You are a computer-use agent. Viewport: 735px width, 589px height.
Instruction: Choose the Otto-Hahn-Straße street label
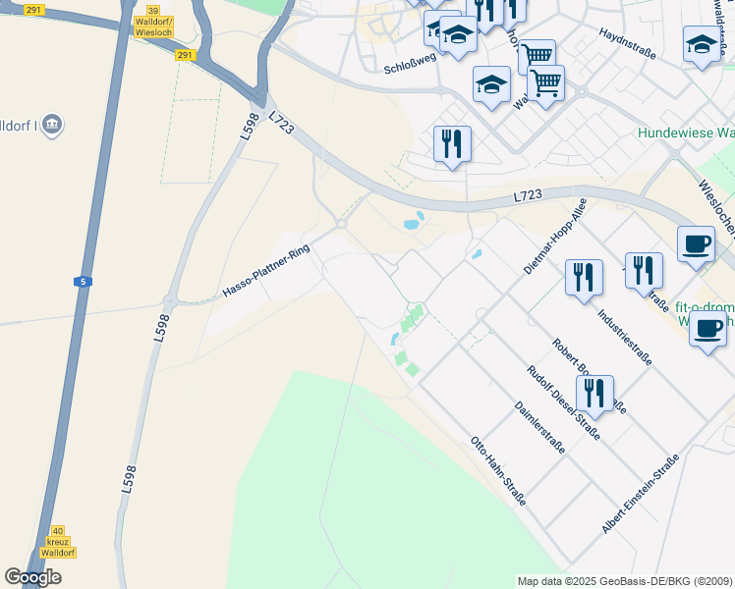coord(498,470)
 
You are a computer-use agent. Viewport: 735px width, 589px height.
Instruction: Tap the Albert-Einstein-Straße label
coord(641,495)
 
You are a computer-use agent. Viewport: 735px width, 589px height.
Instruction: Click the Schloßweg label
coord(410,68)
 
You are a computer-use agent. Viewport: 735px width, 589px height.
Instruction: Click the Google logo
coord(33,577)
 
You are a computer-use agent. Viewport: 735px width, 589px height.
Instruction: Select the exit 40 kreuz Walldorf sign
coord(57,542)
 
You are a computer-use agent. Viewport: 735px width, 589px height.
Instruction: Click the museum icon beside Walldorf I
coord(53,125)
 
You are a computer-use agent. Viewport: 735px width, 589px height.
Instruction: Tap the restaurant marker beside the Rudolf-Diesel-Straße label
coord(594,393)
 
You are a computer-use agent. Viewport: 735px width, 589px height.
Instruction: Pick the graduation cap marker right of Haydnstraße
coord(702,45)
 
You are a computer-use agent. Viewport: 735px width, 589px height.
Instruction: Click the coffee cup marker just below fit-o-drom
coord(707,330)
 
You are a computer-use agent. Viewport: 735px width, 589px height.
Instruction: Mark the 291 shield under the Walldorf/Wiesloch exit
coord(186,55)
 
